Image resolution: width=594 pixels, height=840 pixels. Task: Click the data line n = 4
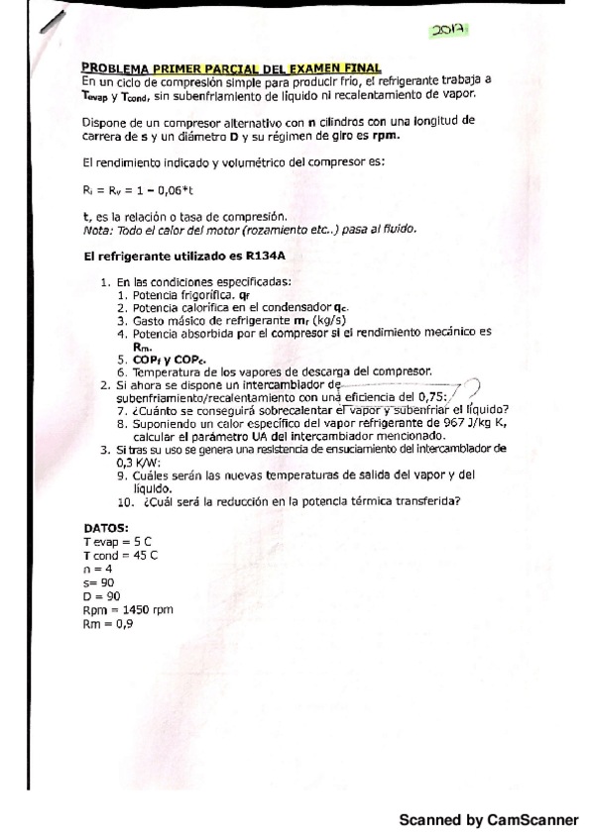pos(97,569)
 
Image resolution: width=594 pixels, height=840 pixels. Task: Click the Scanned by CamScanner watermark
pos(488,820)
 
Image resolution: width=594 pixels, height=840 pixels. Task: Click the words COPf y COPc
pos(154,359)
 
